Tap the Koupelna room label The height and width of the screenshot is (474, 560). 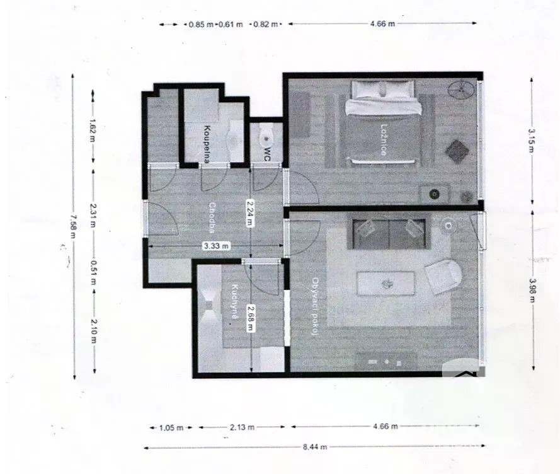point(207,143)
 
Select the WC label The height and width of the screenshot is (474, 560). point(267,154)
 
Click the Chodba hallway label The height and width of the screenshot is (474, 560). point(212,217)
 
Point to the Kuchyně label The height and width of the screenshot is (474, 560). point(235,301)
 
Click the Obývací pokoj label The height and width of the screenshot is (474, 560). point(315,306)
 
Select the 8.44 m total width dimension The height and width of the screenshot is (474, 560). point(315,446)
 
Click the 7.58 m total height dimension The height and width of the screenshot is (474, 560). point(74,226)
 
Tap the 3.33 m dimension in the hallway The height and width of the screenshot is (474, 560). point(216,246)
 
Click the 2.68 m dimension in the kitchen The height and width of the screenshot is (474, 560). point(251,318)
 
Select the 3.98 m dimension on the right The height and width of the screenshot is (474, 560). point(532,290)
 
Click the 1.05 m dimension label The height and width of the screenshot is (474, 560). point(171,427)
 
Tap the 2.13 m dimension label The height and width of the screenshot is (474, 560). point(242,427)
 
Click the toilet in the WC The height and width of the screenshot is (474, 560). point(267,135)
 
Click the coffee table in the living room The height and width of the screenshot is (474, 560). point(386,284)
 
